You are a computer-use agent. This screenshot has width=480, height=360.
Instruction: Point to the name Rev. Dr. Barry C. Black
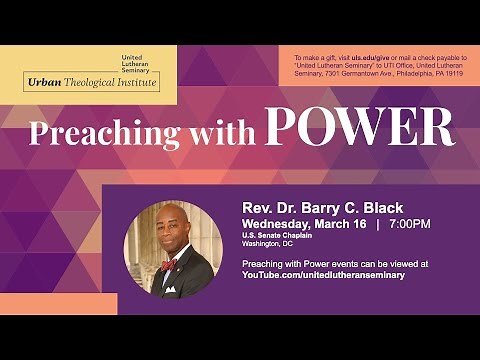[x=311, y=208]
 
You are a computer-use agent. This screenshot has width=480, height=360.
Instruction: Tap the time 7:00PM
[x=410, y=222]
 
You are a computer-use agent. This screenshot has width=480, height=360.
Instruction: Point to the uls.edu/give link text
[x=370, y=59]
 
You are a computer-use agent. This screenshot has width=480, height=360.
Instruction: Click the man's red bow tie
[x=169, y=265]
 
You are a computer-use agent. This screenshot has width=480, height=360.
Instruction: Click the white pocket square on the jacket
[x=169, y=289]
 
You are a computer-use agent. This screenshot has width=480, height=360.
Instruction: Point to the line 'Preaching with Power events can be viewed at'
[x=335, y=264]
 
